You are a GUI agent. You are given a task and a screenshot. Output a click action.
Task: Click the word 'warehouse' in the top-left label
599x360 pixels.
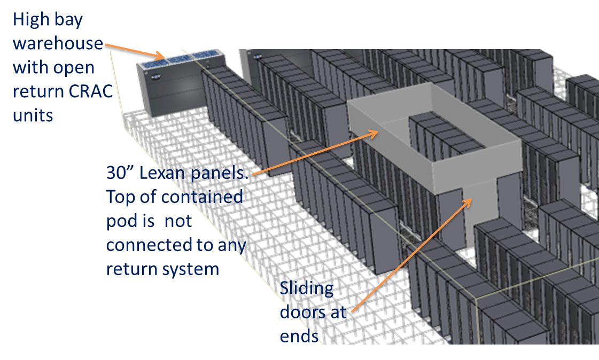[x=57, y=43]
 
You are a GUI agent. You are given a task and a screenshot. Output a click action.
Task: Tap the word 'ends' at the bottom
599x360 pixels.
[x=299, y=336]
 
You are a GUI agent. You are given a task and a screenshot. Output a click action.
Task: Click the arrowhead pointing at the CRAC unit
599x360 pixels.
[x=160, y=55]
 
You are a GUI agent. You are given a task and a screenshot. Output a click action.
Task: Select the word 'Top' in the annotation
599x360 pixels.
[x=120, y=197]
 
